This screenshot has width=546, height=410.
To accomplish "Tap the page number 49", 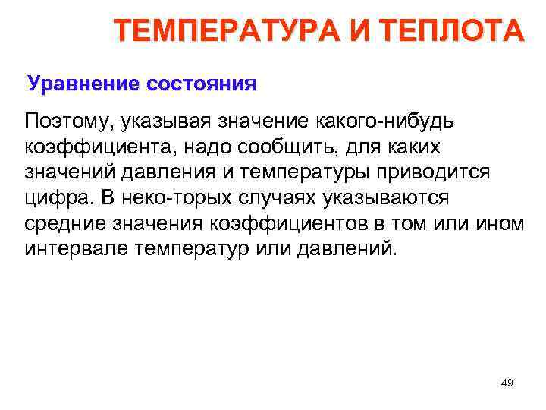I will point(507,383).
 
